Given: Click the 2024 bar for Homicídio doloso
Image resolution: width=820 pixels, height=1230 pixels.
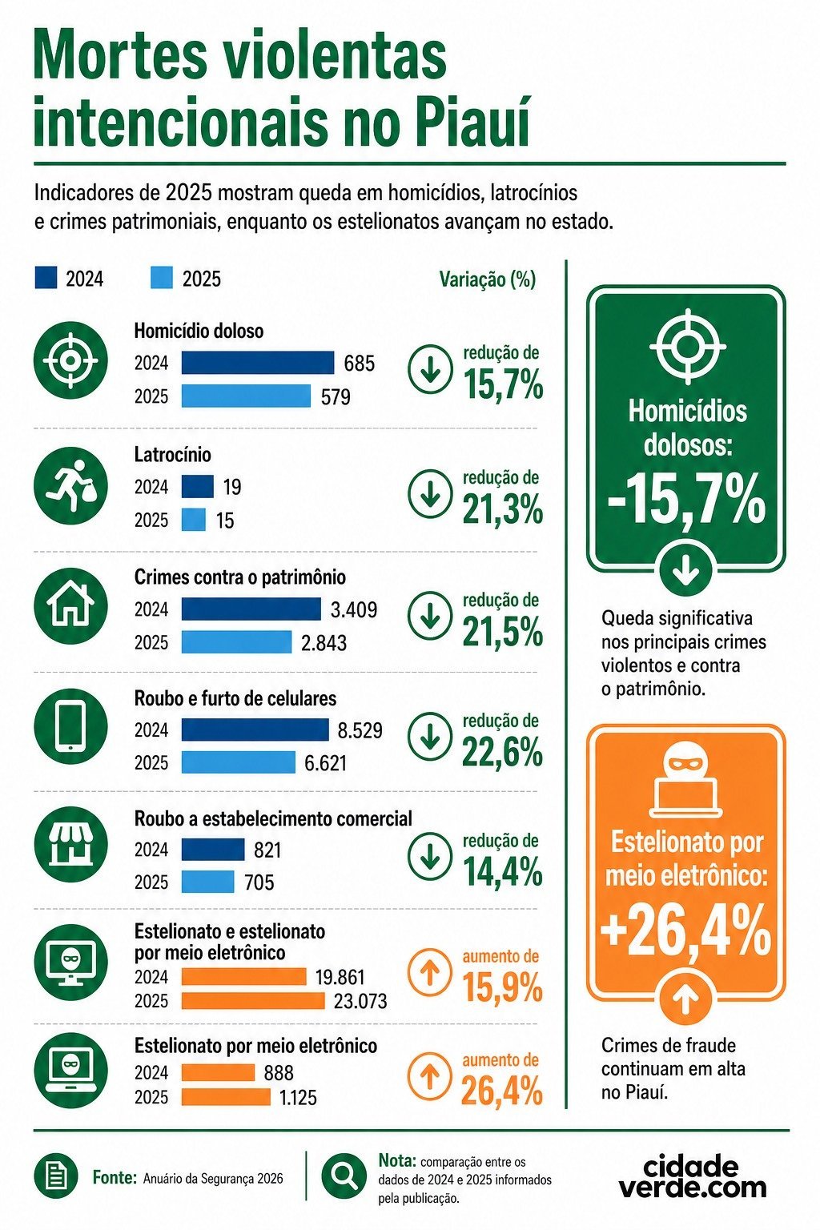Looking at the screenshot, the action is [x=258, y=363].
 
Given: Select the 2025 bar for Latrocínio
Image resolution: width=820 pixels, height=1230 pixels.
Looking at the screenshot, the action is [x=194, y=520].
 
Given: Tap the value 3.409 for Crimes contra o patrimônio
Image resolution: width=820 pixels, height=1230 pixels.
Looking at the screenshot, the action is [x=354, y=609].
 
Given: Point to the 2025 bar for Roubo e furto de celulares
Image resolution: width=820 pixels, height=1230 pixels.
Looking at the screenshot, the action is [x=239, y=762].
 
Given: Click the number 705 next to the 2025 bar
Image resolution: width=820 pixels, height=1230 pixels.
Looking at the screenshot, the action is [x=259, y=882].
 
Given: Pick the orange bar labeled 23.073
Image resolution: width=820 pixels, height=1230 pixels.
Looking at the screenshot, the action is [x=253, y=1001].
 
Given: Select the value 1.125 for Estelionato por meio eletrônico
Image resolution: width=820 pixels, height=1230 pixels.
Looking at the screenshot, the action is [x=298, y=1098].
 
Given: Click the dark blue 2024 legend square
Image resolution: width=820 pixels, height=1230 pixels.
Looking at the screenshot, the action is [x=46, y=278].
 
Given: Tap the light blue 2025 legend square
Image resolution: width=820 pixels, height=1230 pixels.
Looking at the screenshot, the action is [x=162, y=278].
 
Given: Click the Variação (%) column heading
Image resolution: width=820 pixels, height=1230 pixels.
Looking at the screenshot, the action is [x=487, y=279].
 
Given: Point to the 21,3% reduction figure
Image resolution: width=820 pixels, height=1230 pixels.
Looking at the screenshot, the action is [x=503, y=510].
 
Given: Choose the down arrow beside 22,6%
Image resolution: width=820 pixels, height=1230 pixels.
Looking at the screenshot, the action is [x=430, y=738].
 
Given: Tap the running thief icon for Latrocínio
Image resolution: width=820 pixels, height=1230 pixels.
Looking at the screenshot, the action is [x=70, y=486].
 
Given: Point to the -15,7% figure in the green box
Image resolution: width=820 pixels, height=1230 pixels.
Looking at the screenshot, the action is [x=686, y=499].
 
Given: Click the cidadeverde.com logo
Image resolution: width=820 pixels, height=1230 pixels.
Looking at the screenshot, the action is [x=693, y=1176].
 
